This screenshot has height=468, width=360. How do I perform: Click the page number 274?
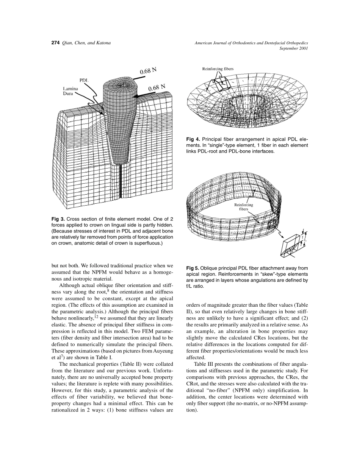pyautogui.click(x=55, y=43)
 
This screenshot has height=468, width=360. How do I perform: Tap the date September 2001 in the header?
pyautogui.click(x=293, y=49)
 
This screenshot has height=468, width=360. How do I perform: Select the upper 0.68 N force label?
pyautogui.click(x=148, y=71)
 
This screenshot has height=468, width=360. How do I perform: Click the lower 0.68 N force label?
pyautogui.click(x=157, y=87)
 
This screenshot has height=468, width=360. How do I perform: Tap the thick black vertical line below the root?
pyautogui.click(x=121, y=182)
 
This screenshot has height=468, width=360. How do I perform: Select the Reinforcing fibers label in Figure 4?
pyautogui.click(x=218, y=69)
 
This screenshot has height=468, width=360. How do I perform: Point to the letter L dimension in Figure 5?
pyautogui.click(x=305, y=240)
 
